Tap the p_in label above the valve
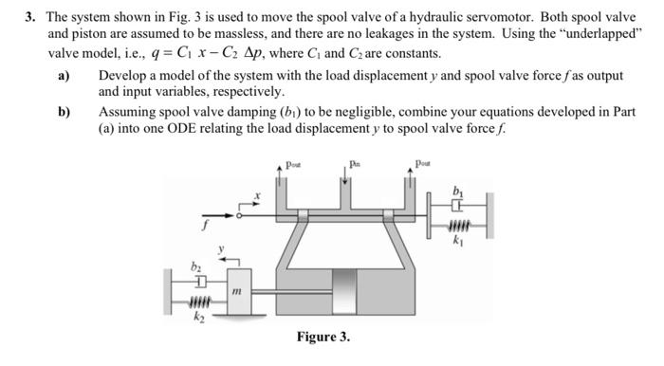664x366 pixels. tap(354, 163)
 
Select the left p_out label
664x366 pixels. tap(289, 163)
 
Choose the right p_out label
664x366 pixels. tap(422, 163)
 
